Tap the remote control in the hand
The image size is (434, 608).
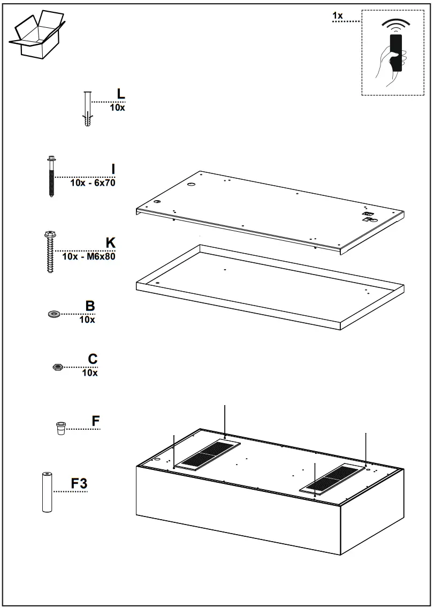(x=396, y=53)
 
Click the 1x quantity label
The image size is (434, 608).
(x=338, y=16)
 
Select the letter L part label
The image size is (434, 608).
(x=121, y=93)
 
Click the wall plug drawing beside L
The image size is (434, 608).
(x=88, y=109)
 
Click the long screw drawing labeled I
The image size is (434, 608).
(x=51, y=176)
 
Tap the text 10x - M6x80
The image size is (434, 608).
(x=89, y=256)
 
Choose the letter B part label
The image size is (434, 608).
(x=90, y=306)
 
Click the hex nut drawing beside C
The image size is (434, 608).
(x=57, y=367)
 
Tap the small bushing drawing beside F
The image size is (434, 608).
(x=60, y=428)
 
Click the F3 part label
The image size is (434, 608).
(x=79, y=484)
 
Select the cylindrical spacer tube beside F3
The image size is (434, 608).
(x=47, y=492)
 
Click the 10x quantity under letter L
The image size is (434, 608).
(x=117, y=108)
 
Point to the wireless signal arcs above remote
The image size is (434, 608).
(x=395, y=25)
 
